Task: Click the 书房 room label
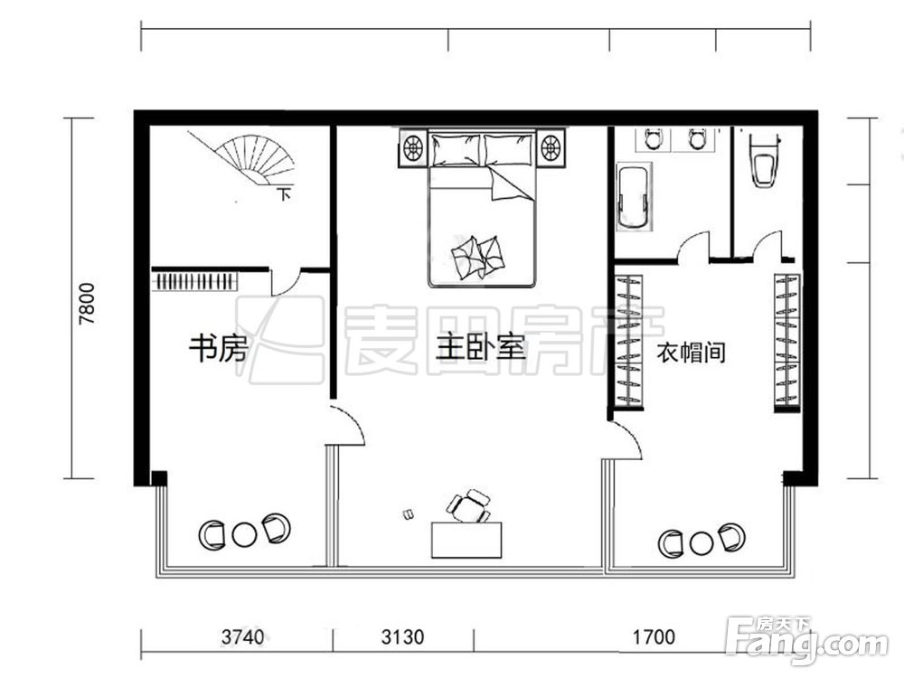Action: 217,348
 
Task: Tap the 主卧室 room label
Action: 480,348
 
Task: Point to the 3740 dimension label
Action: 242,637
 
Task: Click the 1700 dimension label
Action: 653,637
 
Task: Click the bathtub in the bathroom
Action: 633,197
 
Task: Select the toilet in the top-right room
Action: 765,161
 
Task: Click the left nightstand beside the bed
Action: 413,147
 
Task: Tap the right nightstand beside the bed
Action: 551,147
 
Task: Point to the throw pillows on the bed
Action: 477,256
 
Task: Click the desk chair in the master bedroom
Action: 468,506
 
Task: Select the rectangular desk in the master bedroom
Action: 466,540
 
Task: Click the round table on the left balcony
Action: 244,535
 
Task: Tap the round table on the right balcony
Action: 702,543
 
